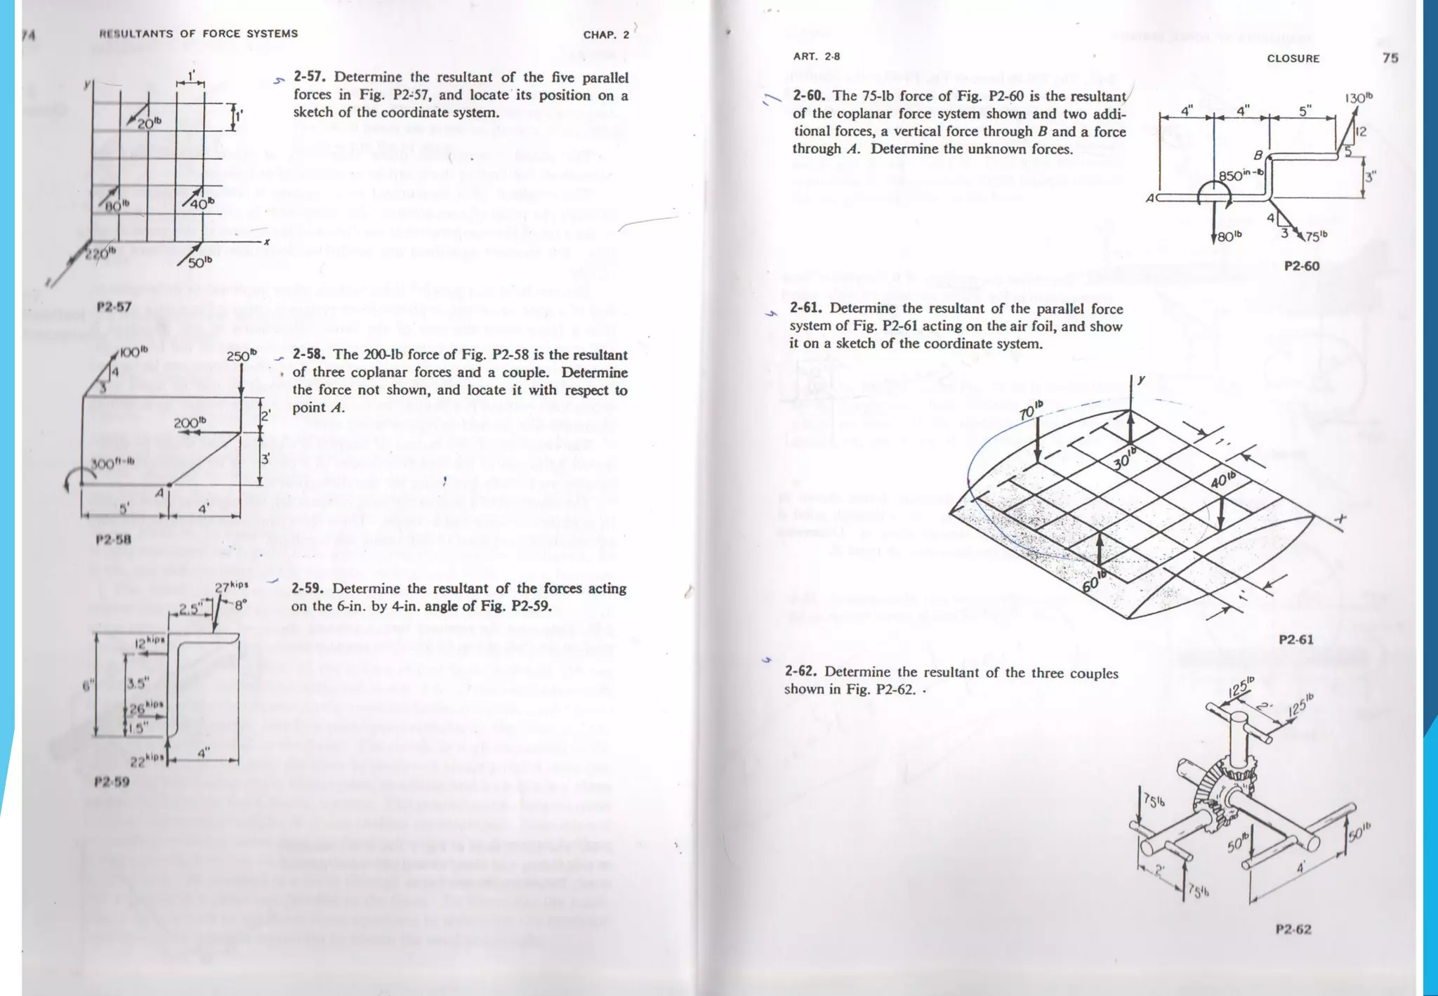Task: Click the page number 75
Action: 1390,58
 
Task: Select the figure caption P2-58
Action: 114,540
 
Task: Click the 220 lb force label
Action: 100,254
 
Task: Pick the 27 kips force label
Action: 231,587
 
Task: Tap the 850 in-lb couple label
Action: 1241,175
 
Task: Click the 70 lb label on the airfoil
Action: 1031,409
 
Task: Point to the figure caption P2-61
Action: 1295,640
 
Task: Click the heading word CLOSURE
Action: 1293,59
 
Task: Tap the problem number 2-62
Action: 800,672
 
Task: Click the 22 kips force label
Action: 147,761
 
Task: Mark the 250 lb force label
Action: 242,356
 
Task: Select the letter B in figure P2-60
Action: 1258,155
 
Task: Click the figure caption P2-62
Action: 1293,930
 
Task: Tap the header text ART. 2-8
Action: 816,57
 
